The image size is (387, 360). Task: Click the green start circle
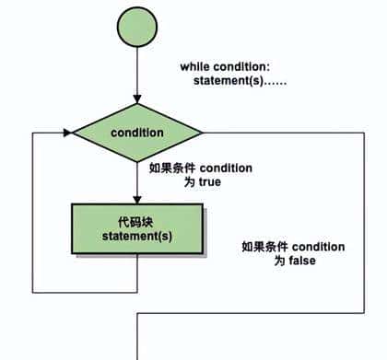[x=136, y=29]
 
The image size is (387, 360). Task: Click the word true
[x=209, y=182]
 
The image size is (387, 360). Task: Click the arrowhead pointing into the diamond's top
[x=136, y=99]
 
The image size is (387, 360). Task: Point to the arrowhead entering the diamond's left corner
[x=67, y=133]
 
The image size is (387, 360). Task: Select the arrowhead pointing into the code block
[x=136, y=200]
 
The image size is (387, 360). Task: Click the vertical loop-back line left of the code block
[x=33, y=212]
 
